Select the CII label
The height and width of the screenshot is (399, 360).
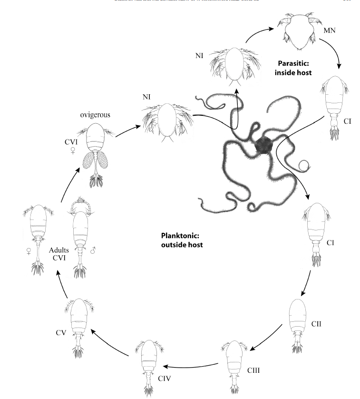(317, 324)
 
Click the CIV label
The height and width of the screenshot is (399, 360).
(164, 379)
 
